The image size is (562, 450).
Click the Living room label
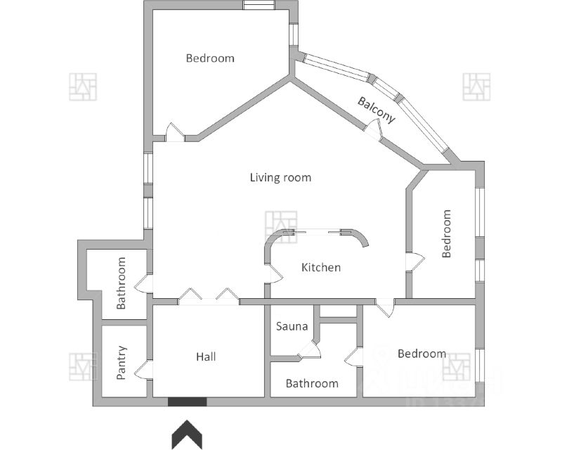click(x=280, y=177)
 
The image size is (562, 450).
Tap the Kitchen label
click(x=321, y=267)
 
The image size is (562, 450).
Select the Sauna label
click(x=292, y=326)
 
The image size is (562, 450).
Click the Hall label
click(x=206, y=356)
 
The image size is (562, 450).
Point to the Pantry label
click(x=122, y=362)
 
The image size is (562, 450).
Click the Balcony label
click(x=377, y=110)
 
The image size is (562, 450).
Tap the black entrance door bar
click(x=187, y=401)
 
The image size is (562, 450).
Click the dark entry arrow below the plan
click(x=187, y=434)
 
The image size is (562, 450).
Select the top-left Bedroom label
click(x=210, y=58)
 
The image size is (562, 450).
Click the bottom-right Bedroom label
click(x=421, y=353)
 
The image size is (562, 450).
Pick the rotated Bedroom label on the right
click(x=446, y=233)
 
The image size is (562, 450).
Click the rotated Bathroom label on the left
click(x=122, y=283)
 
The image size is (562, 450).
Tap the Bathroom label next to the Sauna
click(x=312, y=383)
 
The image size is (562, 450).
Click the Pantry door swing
click(x=143, y=370)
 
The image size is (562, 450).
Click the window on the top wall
click(x=259, y=5)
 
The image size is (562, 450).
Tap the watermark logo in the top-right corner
click(x=476, y=86)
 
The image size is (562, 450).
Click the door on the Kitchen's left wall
click(x=275, y=274)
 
